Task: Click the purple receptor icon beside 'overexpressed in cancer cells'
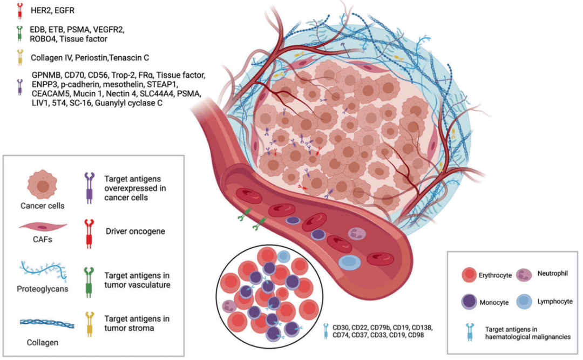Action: (x=90, y=184)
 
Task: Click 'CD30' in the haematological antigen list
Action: (x=342, y=327)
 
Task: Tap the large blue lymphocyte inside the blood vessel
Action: (x=350, y=261)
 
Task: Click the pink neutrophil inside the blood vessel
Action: (x=357, y=234)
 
